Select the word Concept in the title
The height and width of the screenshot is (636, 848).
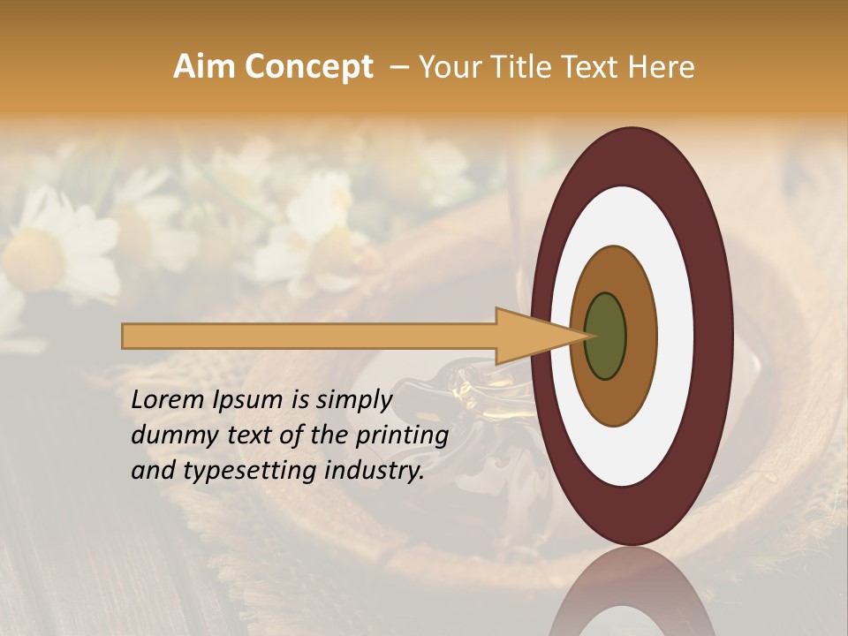pyautogui.click(x=307, y=67)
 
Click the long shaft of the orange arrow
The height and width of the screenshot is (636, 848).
pyautogui.click(x=309, y=336)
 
